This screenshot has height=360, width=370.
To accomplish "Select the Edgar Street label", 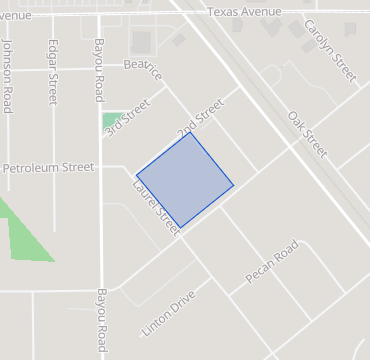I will [52, 71].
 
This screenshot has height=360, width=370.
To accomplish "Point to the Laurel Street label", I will [155, 207].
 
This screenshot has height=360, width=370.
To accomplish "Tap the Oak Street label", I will [307, 134].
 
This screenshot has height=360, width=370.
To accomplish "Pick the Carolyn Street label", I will [330, 50].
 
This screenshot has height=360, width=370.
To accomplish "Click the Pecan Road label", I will [272, 261].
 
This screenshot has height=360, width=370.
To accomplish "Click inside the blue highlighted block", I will [185, 179].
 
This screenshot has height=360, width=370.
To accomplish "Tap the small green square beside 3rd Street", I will [110, 121].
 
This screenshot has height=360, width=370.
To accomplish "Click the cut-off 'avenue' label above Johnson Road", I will [16, 16].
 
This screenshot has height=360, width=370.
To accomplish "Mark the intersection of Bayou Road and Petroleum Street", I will [100, 167].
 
